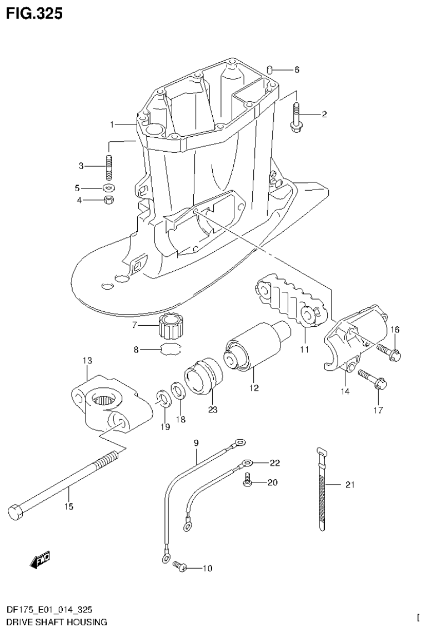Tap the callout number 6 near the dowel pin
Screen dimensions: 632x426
pos(297,70)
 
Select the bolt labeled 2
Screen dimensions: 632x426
pos(294,116)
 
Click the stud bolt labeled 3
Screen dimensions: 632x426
pos(108,166)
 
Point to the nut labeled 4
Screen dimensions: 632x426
pos(109,200)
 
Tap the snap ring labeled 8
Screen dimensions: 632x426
pos(171,350)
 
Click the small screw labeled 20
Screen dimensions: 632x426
pos(247,481)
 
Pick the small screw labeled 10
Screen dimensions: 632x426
pos(179,566)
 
